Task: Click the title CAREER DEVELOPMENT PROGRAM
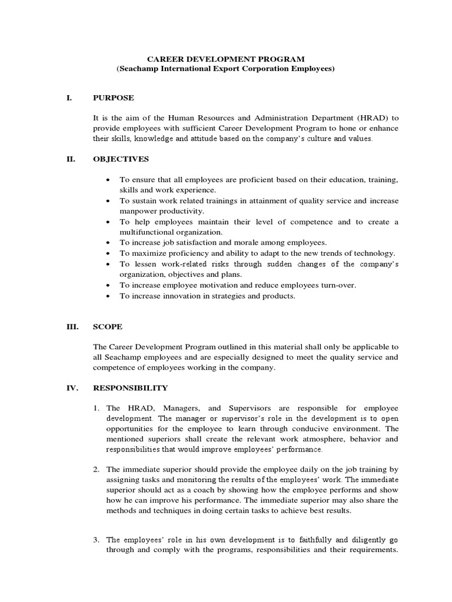[x=225, y=59]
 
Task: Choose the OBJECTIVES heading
[x=121, y=159]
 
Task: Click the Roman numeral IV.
[x=71, y=388]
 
